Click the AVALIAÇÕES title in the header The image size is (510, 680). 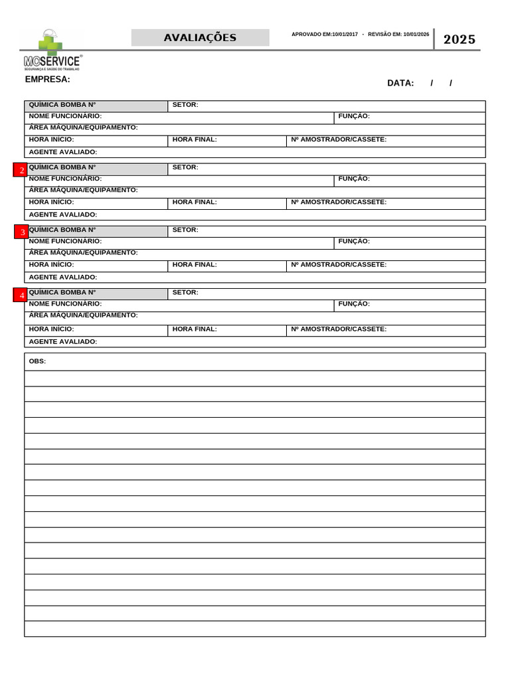tap(200, 38)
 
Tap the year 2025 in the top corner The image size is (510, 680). tap(460, 39)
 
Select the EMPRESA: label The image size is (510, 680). tap(47, 79)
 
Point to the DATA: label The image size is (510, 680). tap(400, 83)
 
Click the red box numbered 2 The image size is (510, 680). tap(21, 170)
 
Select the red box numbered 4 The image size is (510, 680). tap(21, 295)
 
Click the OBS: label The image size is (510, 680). tap(37, 361)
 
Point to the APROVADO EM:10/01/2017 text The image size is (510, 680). tap(324, 34)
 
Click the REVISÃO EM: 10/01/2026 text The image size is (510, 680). tap(398, 34)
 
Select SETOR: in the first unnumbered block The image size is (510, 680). tap(185, 105)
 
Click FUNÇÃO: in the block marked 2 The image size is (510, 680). tap(354, 179)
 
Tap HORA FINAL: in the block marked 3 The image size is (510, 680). tap(195, 264)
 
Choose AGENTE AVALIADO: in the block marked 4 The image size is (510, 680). tap(63, 341)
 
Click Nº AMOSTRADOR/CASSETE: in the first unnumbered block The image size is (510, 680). tap(339, 139)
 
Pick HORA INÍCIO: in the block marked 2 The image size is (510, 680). tap(51, 202)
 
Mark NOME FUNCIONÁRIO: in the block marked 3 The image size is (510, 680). tap(65, 241)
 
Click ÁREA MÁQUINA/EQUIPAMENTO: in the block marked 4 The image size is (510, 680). tap(83, 315)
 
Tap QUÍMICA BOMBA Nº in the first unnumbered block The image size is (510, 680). tap(62, 105)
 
